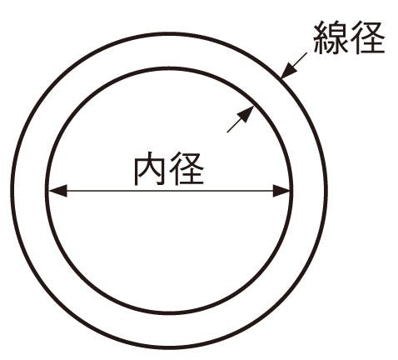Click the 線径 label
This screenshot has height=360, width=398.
tap(349, 37)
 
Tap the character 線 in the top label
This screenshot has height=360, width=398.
tap(331, 37)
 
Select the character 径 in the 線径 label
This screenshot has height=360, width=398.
tap(368, 37)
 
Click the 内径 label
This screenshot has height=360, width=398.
tap(169, 168)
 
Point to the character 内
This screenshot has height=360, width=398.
tap(150, 168)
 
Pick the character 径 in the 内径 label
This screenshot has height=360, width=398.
tap(187, 168)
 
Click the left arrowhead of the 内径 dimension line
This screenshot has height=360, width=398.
tap(58, 191)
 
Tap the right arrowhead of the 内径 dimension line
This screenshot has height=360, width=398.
tap(281, 191)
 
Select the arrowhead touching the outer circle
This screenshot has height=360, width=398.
tap(288, 70)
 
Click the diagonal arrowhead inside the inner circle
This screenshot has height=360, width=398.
tap(246, 114)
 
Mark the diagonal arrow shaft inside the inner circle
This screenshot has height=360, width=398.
tap(234, 127)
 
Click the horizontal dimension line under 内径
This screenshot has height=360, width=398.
tap(170, 191)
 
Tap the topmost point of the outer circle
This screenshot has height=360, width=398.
tap(169, 34)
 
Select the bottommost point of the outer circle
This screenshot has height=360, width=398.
tap(169, 347)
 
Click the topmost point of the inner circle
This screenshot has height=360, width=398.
tap(169, 68)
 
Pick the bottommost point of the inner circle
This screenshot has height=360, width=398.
tap(169, 312)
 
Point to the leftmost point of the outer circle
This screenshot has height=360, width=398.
tap(12, 191)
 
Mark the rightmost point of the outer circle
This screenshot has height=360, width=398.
tap(326, 191)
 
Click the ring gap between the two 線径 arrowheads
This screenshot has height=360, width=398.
tap(267, 92)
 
